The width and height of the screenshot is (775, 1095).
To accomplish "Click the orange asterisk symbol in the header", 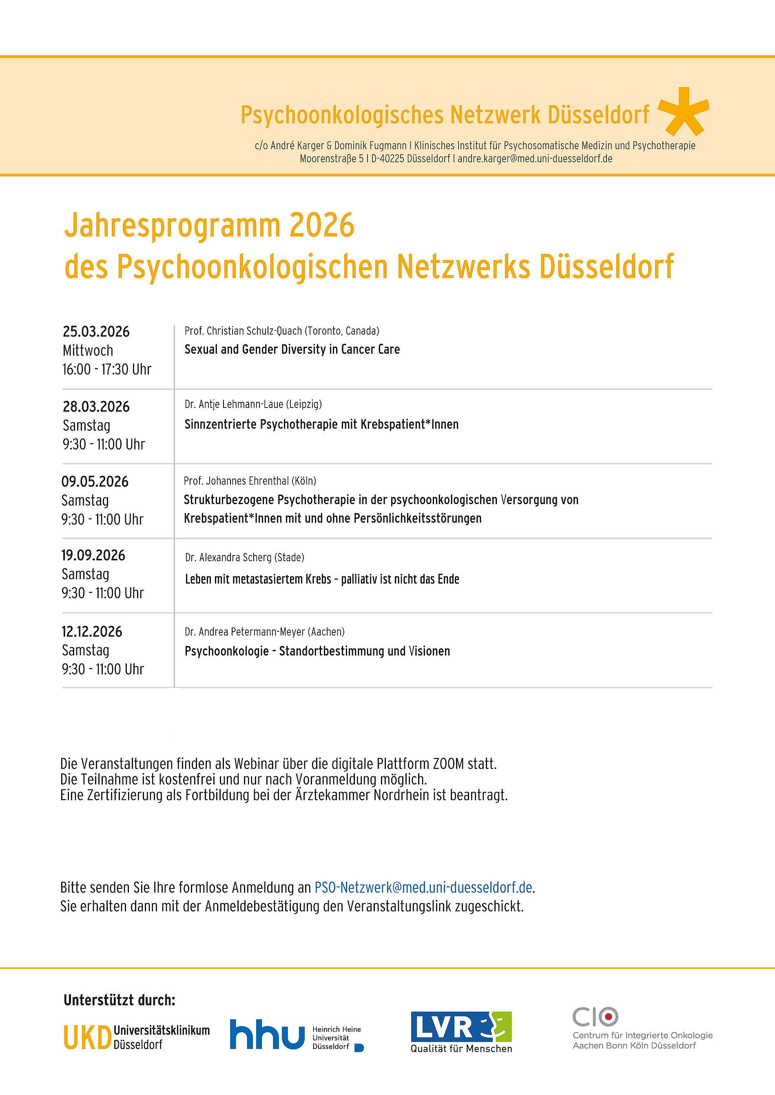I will pyautogui.click(x=683, y=112).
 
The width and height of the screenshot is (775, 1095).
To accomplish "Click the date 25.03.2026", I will pyautogui.click(x=96, y=331).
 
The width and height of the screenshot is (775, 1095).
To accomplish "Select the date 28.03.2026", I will pyautogui.click(x=96, y=406).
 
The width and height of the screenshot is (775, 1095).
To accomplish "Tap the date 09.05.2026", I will pyautogui.click(x=95, y=481).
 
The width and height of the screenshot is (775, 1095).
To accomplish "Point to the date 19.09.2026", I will pyautogui.click(x=93, y=555).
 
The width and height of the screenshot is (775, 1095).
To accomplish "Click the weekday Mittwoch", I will pyautogui.click(x=88, y=350).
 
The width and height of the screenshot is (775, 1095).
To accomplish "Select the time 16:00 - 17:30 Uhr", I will pyautogui.click(x=106, y=369).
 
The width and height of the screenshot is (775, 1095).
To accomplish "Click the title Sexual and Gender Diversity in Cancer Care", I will pyautogui.click(x=292, y=350).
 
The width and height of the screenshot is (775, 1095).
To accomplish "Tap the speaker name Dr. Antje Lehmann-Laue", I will pyautogui.click(x=253, y=404).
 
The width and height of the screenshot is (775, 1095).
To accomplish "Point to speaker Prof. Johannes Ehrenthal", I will pyautogui.click(x=250, y=481).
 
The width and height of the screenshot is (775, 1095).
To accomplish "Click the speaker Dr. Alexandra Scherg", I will pyautogui.click(x=244, y=557).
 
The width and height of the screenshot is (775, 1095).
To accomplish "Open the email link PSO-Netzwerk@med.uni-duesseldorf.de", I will pyautogui.click(x=423, y=888).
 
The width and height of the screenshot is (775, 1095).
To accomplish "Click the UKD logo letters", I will pyautogui.click(x=87, y=1038).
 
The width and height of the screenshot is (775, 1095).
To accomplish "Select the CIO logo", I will pyautogui.click(x=595, y=1016).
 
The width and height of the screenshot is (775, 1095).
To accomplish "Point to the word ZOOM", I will pyautogui.click(x=448, y=764).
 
